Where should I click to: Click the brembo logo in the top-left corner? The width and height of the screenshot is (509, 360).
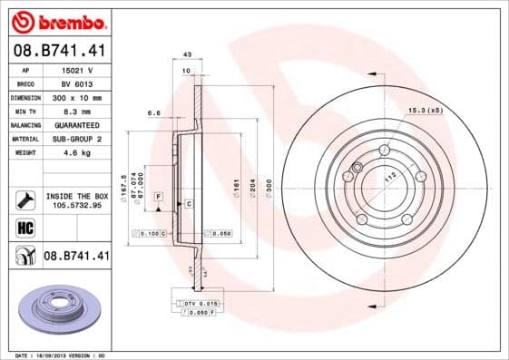click(58, 21)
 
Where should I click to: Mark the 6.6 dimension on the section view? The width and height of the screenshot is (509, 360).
click(153, 113)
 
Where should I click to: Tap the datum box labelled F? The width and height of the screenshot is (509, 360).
click(159, 196)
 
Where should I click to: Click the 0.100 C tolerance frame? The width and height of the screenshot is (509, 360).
click(151, 234)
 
